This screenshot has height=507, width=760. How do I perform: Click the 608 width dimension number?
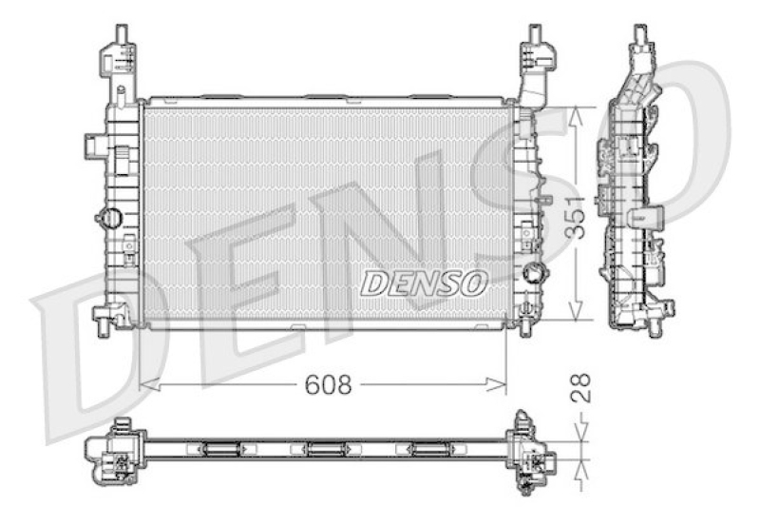[328, 384]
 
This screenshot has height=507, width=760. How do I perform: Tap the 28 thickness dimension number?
[583, 387]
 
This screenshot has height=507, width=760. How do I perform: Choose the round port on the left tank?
[108, 218]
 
